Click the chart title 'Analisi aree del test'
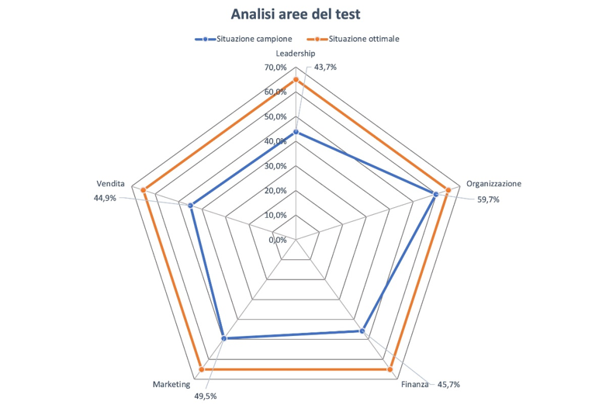pyautogui.click(x=296, y=14)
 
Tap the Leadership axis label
pyautogui.click(x=296, y=54)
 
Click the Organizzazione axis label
pyautogui.click(x=493, y=184)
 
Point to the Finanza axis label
pyautogui.click(x=414, y=384)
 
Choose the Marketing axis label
pyautogui.click(x=171, y=384)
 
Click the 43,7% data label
pyautogui.click(x=325, y=68)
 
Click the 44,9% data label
pyautogui.click(x=105, y=198)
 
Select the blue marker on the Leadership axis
pyautogui.click(x=296, y=133)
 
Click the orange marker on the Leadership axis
pyautogui.click(x=296, y=80)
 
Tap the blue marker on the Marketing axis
pyautogui.click(x=223, y=338)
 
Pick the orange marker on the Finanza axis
pyautogui.click(x=390, y=369)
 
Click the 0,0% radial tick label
pyautogui.click(x=278, y=240)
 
